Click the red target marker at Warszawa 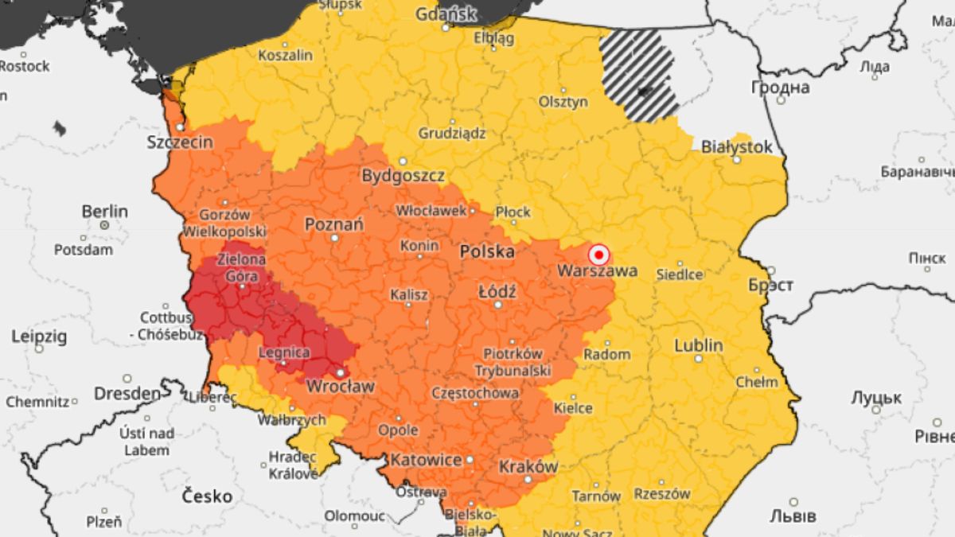599,255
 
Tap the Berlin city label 104,212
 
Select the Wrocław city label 341,387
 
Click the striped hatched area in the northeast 639,76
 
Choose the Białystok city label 736,147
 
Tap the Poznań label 334,224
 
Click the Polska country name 486,252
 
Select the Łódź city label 497,292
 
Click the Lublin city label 699,346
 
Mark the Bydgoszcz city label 403,176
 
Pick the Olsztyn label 563,102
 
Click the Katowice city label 426,461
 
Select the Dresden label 127,394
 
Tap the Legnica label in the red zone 284,352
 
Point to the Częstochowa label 475,393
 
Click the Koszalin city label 285,56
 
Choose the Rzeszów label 661,494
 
